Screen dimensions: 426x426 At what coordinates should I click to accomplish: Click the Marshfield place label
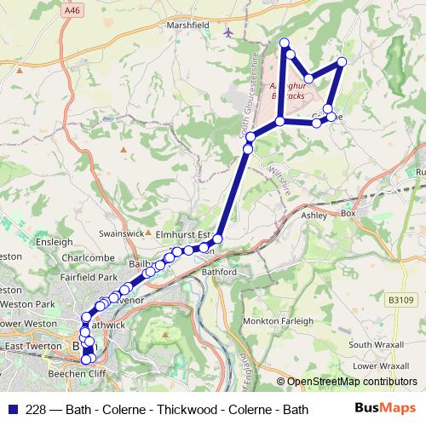[x=188, y=26]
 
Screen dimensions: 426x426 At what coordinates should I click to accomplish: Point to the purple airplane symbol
[x=227, y=32]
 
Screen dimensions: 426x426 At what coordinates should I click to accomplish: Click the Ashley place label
[x=314, y=216]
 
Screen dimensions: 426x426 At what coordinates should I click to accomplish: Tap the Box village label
[x=348, y=213]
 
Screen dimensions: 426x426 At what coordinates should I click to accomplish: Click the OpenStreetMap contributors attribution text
[x=351, y=383]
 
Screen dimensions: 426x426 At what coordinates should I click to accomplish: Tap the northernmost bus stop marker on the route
[x=284, y=43]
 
